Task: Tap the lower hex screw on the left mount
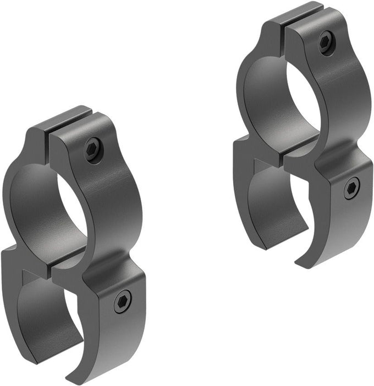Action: coord(122,301)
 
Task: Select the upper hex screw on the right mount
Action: coord(325,42)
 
